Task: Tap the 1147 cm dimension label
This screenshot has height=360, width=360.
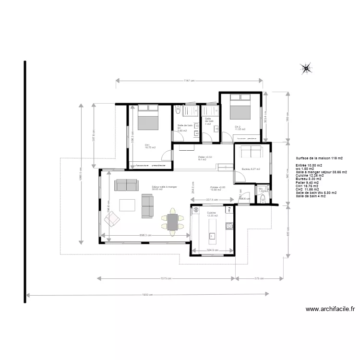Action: click(x=189, y=81)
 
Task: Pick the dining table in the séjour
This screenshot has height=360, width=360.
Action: click(x=172, y=222)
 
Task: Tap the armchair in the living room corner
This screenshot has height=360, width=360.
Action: click(x=113, y=220)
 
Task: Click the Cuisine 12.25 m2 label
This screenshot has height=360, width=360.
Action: click(x=211, y=214)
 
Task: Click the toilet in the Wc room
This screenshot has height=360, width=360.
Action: click(x=262, y=199)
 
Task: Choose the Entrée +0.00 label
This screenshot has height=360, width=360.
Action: click(x=217, y=188)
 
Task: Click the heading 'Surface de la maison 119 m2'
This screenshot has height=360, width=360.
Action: click(x=319, y=158)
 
